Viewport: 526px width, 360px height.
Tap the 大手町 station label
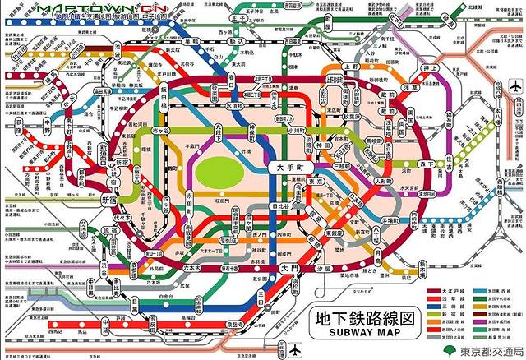click(x=288, y=166)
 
